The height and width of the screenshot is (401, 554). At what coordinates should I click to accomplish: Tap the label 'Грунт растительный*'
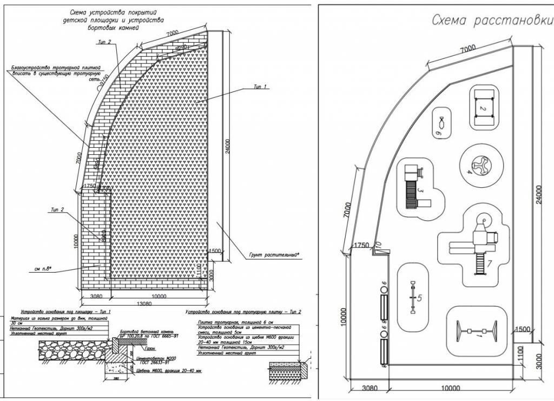pyautogui.click(x=274, y=254)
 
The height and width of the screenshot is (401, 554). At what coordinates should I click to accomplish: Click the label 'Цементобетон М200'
pyautogui.click(x=154, y=359)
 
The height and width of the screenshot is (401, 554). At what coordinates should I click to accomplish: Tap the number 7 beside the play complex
pyautogui.click(x=489, y=264)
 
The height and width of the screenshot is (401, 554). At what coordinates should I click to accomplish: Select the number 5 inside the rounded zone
pyautogui.click(x=420, y=298)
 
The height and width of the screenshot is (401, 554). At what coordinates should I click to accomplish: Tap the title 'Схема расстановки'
pyautogui.click(x=491, y=21)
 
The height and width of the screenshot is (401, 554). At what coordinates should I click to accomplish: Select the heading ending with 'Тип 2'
pyautogui.click(x=243, y=313)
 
